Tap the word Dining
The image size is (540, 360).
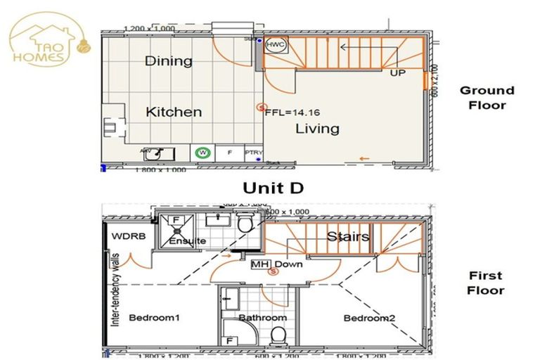(168, 61)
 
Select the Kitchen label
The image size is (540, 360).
(174, 112)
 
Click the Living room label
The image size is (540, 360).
(316, 129)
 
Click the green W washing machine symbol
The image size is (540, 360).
(203, 152)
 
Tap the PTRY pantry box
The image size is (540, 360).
(252, 153)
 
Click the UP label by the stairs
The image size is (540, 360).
(398, 72)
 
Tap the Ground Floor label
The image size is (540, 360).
(487, 98)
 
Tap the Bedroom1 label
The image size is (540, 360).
(154, 319)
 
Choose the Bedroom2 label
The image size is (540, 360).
(369, 319)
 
